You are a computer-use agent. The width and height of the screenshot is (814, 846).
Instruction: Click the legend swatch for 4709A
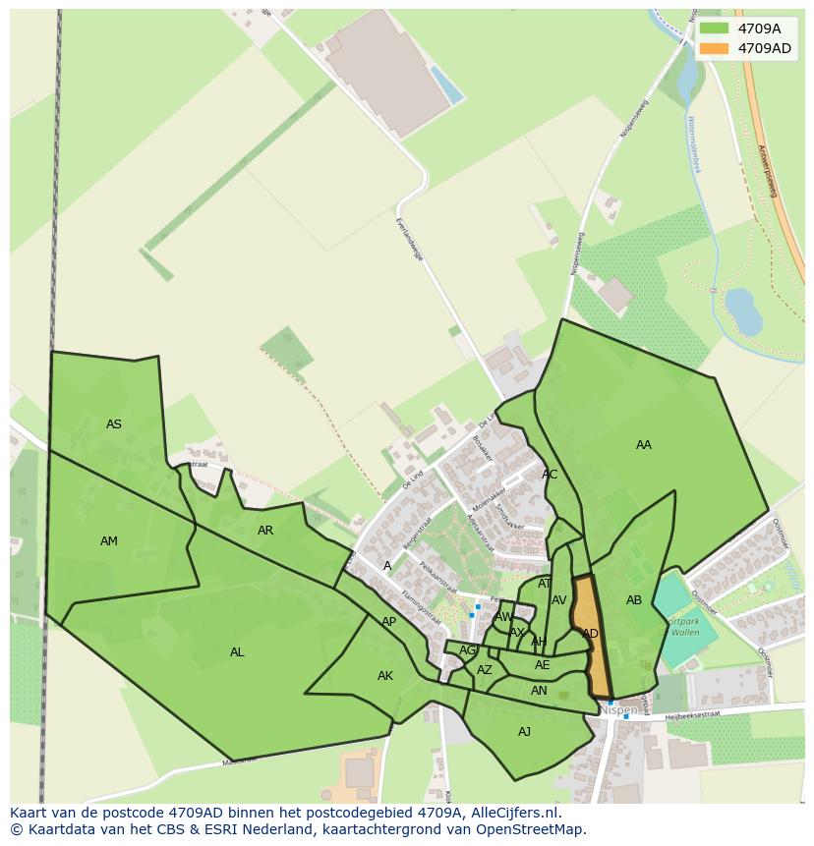(715, 28)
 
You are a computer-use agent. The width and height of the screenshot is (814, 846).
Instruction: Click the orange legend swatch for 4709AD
(715, 48)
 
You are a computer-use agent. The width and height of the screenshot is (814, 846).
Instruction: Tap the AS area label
(114, 424)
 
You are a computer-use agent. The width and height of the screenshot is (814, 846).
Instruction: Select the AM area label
(109, 541)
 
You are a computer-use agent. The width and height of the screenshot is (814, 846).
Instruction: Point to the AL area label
(237, 652)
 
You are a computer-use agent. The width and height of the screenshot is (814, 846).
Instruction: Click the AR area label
(265, 531)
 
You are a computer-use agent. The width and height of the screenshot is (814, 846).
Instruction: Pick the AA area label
(644, 445)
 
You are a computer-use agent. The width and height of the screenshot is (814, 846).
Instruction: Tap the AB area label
(634, 600)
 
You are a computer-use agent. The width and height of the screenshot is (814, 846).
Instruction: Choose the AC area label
(550, 475)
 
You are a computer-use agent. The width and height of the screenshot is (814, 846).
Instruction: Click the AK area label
(385, 676)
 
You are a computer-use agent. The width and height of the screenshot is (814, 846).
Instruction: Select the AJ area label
(524, 731)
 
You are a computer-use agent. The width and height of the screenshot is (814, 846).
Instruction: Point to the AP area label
(389, 622)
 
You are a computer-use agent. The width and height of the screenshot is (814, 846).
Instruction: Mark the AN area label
(539, 691)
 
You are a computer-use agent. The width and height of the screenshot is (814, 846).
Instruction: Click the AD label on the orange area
(590, 634)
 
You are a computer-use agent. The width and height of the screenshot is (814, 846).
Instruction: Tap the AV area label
(559, 600)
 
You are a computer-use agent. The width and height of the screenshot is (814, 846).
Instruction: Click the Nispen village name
(618, 709)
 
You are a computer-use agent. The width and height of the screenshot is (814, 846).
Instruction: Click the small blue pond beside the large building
(447, 85)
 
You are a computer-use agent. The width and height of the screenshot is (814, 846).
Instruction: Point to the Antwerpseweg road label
(767, 171)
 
